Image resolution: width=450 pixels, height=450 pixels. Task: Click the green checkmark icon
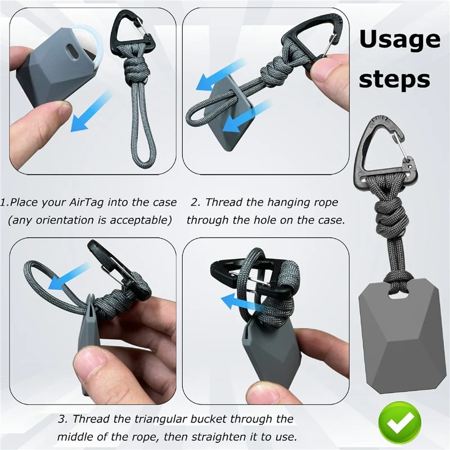click(x=400, y=422)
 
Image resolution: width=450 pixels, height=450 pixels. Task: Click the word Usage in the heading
click(x=399, y=40)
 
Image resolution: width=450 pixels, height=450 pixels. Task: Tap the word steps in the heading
click(x=394, y=78)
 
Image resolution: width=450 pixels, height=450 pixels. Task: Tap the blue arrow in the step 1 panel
click(x=89, y=111)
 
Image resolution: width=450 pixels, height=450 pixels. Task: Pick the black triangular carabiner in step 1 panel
click(x=132, y=33)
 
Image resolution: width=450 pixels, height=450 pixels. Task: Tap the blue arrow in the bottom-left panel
click(x=68, y=276)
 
